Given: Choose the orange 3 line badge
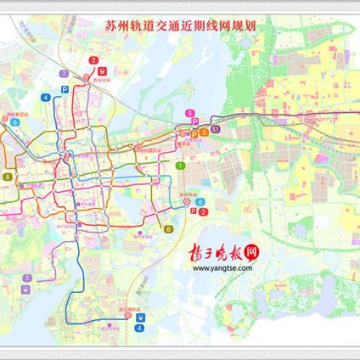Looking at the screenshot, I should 205,132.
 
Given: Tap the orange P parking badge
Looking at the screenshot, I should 194,132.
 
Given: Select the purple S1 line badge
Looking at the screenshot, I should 216,129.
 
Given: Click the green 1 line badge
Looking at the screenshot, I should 180,166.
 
